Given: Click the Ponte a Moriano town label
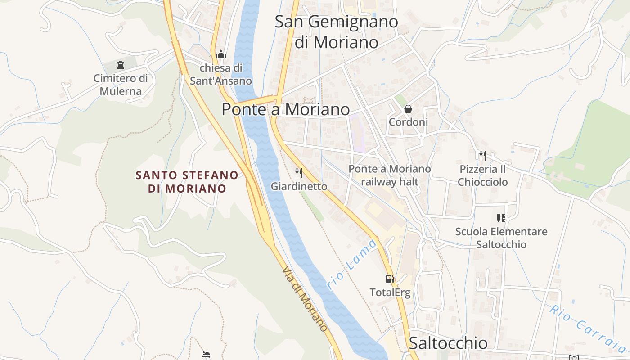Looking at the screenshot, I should coord(286,109).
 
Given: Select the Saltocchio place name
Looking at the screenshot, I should coord(448,343).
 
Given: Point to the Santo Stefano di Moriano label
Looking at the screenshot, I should coord(187,181).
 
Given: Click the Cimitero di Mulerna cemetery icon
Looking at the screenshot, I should coord(120,65).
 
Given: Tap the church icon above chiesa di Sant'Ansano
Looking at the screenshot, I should coord(221,55).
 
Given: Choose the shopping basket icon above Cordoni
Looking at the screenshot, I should coord(408,109).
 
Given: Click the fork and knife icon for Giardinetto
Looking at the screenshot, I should coord(298,173).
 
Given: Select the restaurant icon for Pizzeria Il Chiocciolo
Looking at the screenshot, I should coord(483,156).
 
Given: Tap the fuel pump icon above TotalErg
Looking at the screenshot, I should coord(390,279).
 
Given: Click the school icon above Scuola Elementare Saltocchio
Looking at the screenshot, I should coord(501,218).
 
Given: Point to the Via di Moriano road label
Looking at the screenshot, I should coord(305,298).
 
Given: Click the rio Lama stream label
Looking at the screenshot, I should coord(352,265).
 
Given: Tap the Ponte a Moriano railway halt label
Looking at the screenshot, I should coord(390,175).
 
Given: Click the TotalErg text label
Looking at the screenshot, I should coord(390,292).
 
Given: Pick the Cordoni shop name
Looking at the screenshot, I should coord(408,122).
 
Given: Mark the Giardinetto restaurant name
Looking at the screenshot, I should coord(299,186).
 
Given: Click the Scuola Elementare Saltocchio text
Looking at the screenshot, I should coord(501,238).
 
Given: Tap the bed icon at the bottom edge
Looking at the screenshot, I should coord(206,355).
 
